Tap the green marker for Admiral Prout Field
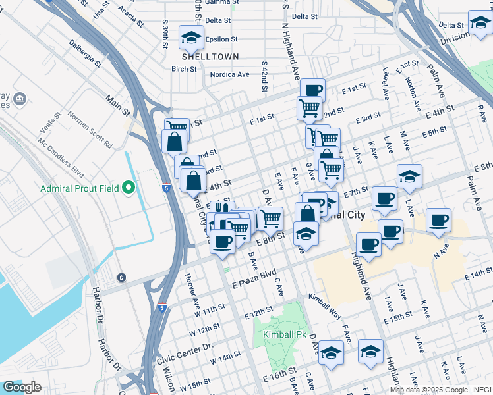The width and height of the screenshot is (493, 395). tap(130, 189)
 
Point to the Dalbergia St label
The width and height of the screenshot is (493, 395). tap(85, 55)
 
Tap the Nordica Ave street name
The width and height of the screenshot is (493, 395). tap(229, 74)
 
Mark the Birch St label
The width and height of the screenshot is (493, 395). tap(184, 68)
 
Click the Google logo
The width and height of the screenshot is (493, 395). tap(22, 387)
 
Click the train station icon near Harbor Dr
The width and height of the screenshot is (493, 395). tap(122, 277)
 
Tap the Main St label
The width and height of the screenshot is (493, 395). tap(117, 107)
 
